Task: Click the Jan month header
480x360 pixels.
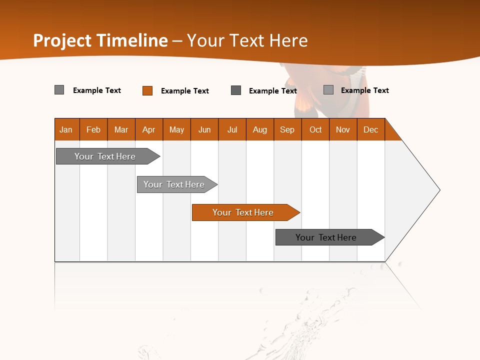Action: [x=66, y=129]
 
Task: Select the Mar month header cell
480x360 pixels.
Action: [x=121, y=129]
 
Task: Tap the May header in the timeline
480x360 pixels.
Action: [x=176, y=129]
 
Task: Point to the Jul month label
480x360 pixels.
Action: [x=232, y=129]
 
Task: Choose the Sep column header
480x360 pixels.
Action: [x=287, y=129]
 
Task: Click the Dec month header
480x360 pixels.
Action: [x=370, y=129]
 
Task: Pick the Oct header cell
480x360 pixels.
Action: [x=315, y=129]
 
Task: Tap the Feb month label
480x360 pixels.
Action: [x=93, y=129]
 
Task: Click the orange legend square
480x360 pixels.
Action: [x=147, y=90]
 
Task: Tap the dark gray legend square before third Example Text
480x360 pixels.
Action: [x=236, y=90]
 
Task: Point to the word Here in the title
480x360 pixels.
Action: [x=288, y=40]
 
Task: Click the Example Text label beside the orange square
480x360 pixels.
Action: [x=185, y=91]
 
